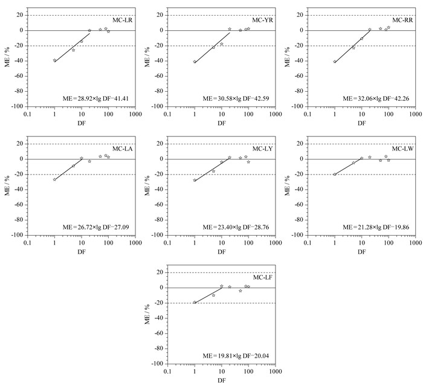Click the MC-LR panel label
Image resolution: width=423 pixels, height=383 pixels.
click(x=123, y=20)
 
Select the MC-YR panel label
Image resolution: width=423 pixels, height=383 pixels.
click(x=262, y=20)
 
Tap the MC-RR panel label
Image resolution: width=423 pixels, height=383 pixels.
click(x=402, y=20)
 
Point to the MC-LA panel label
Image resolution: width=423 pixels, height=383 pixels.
click(x=123, y=149)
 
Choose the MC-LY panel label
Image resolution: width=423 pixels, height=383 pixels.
click(x=262, y=149)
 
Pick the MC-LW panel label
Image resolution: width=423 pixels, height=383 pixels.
click(x=402, y=149)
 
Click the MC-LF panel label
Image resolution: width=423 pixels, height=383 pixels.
click(x=262, y=277)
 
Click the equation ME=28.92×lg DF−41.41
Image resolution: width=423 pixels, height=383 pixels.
click(x=95, y=98)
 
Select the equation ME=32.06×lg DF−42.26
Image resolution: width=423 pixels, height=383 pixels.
click(x=376, y=98)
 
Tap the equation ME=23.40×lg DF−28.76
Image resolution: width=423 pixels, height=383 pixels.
click(x=236, y=227)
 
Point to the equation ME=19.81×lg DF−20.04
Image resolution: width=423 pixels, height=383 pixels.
click(x=236, y=356)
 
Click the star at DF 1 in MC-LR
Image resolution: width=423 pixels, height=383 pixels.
click(x=54, y=60)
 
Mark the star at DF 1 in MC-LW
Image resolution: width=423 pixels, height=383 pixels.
click(x=335, y=174)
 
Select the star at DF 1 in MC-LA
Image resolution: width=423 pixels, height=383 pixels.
click(x=54, y=179)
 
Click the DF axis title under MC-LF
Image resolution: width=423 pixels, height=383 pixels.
click(x=222, y=381)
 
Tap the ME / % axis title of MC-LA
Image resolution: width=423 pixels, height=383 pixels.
click(x=7, y=185)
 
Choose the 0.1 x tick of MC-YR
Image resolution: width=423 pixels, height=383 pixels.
click(x=167, y=114)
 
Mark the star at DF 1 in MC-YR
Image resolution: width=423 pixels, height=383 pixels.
click(x=195, y=62)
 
